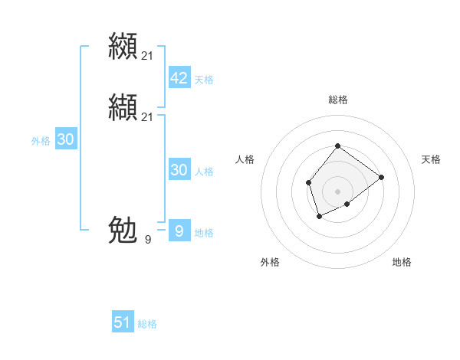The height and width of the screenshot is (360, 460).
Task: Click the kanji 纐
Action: tap(123, 45)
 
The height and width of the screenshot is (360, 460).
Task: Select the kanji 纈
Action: tap(123, 107)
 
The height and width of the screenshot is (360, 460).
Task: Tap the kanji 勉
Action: tap(123, 230)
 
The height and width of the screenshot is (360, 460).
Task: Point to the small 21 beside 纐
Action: tap(148, 55)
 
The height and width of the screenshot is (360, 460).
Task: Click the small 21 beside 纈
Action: tap(148, 116)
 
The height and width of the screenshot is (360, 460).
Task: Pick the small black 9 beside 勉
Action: tap(148, 240)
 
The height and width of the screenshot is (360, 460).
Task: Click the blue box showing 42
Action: tap(179, 78)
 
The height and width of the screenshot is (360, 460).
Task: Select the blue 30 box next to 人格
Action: tap(179, 170)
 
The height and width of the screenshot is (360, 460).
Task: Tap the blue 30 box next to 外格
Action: tap(66, 139)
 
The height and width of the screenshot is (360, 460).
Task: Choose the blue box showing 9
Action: tap(179, 231)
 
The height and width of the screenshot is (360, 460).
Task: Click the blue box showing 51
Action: tap(123, 322)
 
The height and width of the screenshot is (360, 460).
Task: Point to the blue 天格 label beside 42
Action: tap(204, 80)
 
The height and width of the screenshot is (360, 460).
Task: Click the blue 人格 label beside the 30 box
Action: tap(204, 172)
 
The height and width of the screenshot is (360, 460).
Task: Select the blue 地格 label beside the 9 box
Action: tap(204, 233)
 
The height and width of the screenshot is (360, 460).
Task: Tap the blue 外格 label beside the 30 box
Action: tap(41, 141)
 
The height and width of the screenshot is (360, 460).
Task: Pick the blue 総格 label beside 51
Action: tap(147, 324)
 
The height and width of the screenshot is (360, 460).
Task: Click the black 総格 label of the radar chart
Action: tap(337, 100)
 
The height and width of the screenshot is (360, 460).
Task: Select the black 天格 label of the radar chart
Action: tap(431, 159)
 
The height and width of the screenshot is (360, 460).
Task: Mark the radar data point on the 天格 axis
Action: tap(381, 177)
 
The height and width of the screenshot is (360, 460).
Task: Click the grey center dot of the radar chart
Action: tap(337, 191)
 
